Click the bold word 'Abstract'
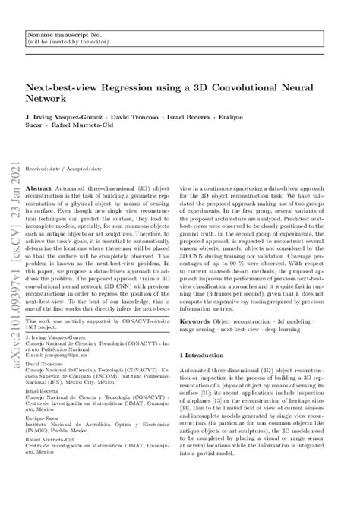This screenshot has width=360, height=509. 39,185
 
